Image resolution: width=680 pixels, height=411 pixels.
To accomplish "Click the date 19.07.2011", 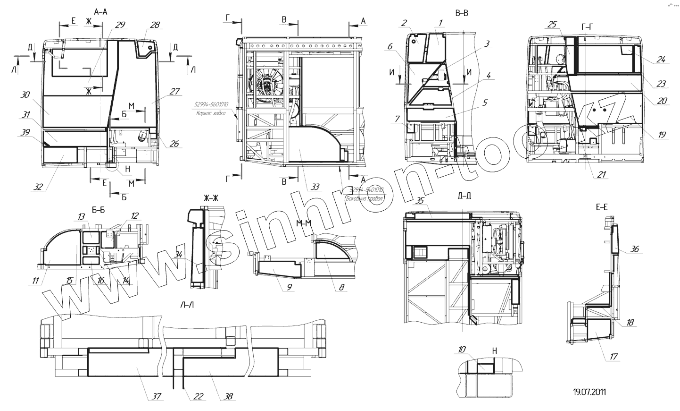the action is tap(589, 392).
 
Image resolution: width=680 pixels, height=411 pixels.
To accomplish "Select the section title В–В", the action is tap(461, 13).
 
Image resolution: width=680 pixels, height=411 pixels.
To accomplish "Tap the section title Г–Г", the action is tap(588, 27).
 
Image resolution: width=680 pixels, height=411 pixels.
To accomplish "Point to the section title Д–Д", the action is tap(464, 196).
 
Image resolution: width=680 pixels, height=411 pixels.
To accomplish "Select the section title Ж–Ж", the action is tap(211, 198).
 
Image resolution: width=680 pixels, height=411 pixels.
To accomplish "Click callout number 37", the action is tap(155, 396).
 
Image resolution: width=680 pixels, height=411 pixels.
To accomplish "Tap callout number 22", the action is tap(198, 396).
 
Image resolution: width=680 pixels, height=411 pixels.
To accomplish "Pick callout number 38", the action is tap(228, 396).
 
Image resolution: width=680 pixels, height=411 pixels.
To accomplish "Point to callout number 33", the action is tap(315, 187).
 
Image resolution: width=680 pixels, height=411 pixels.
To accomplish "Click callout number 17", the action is tap(613, 357).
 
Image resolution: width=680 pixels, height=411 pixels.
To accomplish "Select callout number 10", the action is tap(462, 349).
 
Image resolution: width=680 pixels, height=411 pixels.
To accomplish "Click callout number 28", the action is tap(156, 24).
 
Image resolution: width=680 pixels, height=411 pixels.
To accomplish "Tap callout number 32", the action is tap(38, 187).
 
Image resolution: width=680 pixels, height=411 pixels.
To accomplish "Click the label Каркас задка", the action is tap(209, 113).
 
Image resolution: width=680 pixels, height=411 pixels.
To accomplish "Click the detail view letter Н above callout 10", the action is tap(494, 351).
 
